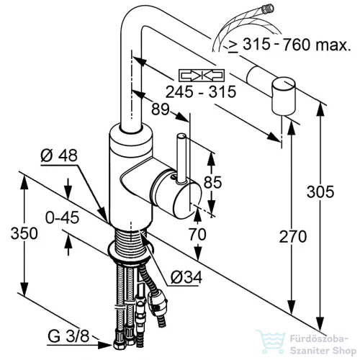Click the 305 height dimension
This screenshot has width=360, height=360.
(x=320, y=192)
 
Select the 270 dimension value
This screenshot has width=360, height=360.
(x=293, y=236)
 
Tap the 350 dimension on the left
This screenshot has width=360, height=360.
(x=24, y=233)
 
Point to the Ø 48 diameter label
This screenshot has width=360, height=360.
(x=59, y=156)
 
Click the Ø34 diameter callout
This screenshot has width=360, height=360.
(x=186, y=277)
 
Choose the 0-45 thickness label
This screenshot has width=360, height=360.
(x=63, y=217)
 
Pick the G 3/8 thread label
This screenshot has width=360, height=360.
(x=68, y=336)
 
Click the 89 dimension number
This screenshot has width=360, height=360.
(x=161, y=109)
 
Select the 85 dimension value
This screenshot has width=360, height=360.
(x=212, y=182)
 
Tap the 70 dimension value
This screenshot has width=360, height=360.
(x=197, y=234)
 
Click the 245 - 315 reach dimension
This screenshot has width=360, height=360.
(x=201, y=91)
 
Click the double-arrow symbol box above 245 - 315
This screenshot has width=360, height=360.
(x=202, y=76)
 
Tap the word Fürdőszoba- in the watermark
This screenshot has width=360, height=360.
(x=319, y=339)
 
